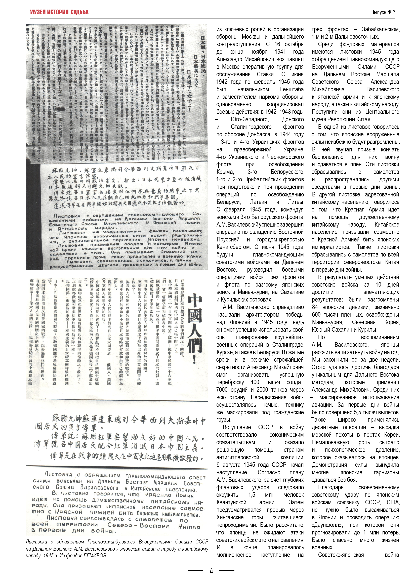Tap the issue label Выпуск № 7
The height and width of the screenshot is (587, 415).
pyautogui.click(x=383, y=12)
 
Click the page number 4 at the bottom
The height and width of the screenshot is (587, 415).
pyautogui.click(x=211, y=570)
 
